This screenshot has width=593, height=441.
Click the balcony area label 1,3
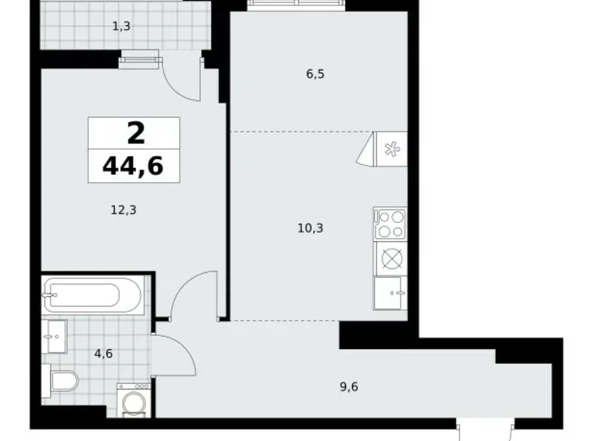click(x=121, y=27)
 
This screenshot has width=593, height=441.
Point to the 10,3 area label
click(x=311, y=227)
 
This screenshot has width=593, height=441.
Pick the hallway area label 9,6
click(x=349, y=386)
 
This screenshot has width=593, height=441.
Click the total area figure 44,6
click(x=134, y=164)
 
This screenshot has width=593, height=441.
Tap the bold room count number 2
click(x=135, y=134)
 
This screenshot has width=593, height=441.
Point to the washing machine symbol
click(x=134, y=399)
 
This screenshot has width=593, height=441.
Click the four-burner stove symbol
click(x=390, y=224)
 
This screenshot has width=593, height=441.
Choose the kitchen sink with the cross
click(x=390, y=259)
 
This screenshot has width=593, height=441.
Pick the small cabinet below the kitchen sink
click(x=390, y=293)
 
